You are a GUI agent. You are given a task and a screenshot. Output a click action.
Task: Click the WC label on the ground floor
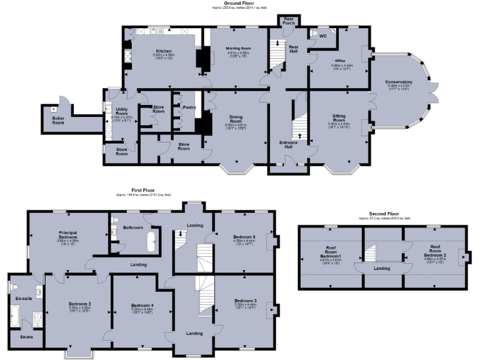tap(322, 36)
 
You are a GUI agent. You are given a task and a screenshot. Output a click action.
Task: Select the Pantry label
tap(189, 107)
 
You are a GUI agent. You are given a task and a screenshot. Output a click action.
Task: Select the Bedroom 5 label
tap(245, 237)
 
